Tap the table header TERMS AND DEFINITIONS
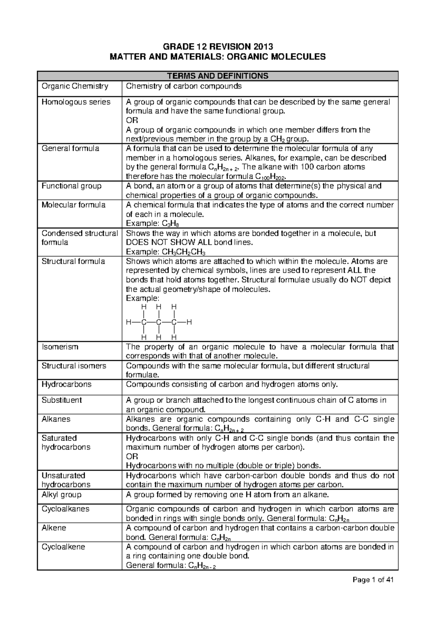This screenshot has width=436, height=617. coord(217,76)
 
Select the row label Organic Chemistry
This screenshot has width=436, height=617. coord(75,86)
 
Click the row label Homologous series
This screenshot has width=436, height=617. coord(76,102)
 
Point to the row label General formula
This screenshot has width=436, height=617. coord(70,148)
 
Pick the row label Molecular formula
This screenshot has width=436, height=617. coord(73,205)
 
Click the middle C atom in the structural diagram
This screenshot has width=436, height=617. coord(158,322)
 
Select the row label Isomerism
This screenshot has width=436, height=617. coord(60,347)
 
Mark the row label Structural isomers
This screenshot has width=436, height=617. coord(74,366)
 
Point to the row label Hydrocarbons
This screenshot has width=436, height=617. coord(66,384)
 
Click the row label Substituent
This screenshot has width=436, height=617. coord(62,400)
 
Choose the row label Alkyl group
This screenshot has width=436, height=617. coord(61,494)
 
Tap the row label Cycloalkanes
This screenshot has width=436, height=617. coord(65,509)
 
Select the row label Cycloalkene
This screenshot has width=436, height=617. coord(64,546)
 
